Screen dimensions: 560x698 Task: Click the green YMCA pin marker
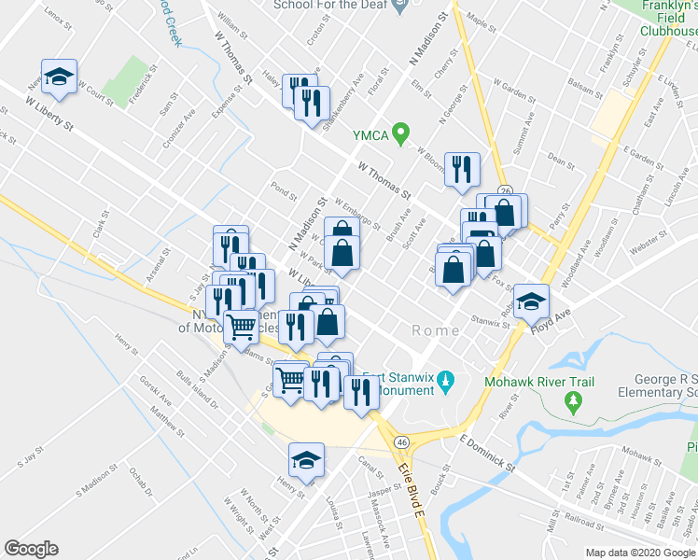tap(401, 134)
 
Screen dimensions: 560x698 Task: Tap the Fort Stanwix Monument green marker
tap(446, 383)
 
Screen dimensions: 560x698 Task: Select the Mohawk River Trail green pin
tap(572, 401)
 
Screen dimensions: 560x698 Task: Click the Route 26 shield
tap(505, 190)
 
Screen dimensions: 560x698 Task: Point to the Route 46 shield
tap(400, 441)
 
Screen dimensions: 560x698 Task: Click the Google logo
tap(31, 549)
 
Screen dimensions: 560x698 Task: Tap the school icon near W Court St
tap(60, 78)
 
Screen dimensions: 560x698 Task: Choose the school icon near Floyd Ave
tap(531, 301)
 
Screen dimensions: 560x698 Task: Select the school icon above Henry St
tap(306, 459)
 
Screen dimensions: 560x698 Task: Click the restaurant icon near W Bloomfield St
tap(461, 170)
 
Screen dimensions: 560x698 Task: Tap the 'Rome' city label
tap(435, 331)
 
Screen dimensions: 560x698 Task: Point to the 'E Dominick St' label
tap(488, 452)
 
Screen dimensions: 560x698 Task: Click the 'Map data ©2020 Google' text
tap(638, 552)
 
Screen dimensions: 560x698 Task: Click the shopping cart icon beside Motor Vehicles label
tap(242, 327)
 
